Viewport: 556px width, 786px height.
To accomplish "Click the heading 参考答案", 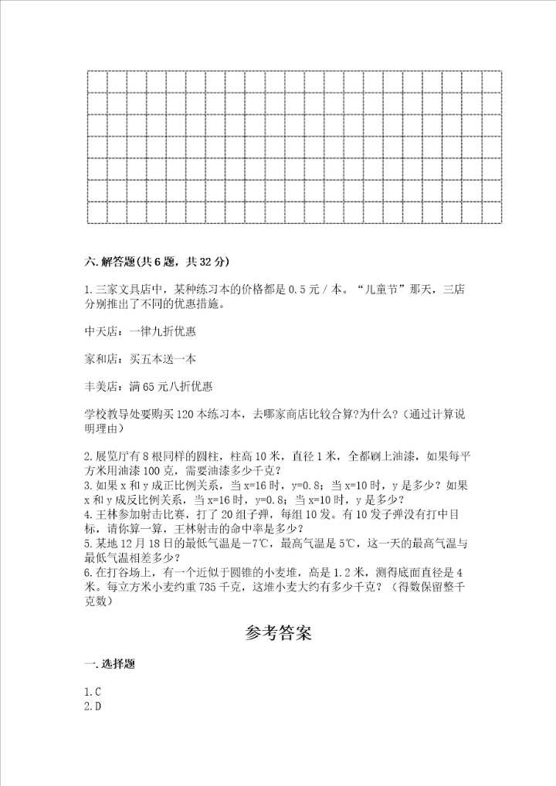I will [x=277, y=635].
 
